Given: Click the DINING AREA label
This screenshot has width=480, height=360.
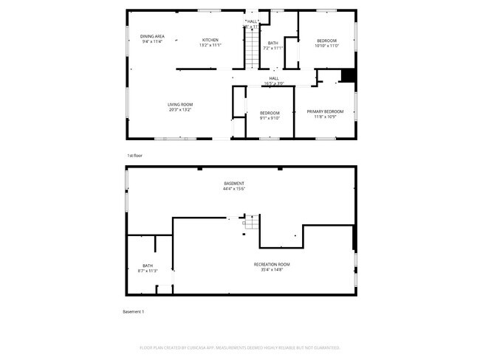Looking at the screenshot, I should tap(152, 36).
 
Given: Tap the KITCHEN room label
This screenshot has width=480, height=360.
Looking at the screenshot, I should tap(210, 40).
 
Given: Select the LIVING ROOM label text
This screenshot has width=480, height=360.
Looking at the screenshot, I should tap(179, 105).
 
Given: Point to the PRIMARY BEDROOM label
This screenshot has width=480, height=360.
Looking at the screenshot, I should tap(326, 111).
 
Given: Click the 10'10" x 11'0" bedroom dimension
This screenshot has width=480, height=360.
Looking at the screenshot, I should tap(326, 46).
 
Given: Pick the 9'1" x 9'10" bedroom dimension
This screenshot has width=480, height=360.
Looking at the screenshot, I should tap(270, 118).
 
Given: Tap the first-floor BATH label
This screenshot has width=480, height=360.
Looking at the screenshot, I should tap(272, 43).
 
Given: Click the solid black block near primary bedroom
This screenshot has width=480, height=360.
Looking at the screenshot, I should tap(348, 76).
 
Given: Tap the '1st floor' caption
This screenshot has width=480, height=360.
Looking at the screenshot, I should tap(134, 156).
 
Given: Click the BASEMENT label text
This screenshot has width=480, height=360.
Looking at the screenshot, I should tap(234, 183).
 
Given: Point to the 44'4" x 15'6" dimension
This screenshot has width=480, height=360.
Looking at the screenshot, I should tap(234, 189).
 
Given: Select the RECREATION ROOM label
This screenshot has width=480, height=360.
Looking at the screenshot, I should tap(272, 264).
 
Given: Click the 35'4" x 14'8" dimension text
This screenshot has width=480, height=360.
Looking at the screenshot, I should tap(272, 270).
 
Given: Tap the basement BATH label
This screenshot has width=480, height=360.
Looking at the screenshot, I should tap(148, 266).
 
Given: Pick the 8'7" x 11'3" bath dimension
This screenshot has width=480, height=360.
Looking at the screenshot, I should tap(148, 271).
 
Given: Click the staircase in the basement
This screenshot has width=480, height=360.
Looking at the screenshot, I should tap(251, 221).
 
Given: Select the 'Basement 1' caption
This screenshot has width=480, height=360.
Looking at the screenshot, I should tap(133, 312).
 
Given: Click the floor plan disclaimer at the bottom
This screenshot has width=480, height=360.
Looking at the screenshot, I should tap(239, 347).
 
